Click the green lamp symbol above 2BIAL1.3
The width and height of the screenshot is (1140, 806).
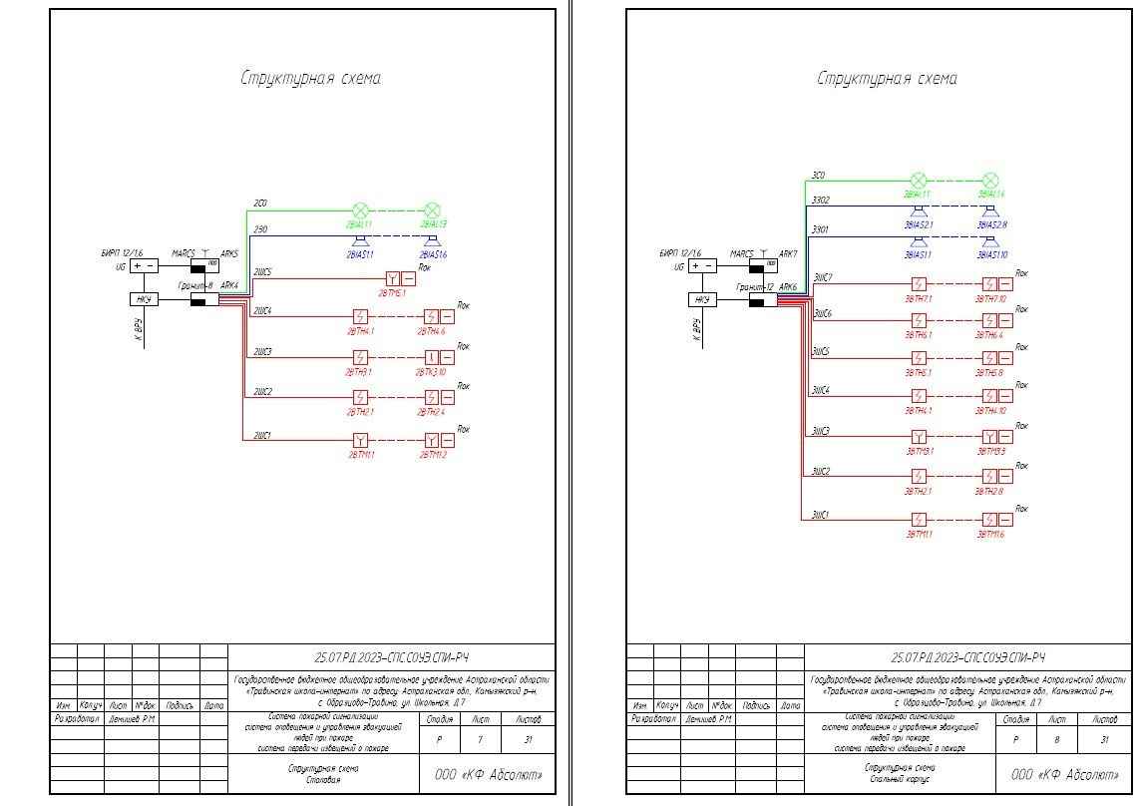pos(432,210)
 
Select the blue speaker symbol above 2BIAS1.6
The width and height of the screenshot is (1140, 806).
pos(432,241)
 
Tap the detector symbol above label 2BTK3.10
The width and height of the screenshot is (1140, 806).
pos(432,358)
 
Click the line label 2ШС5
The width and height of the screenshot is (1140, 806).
pos(262,271)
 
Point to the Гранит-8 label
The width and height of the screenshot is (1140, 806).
pos(196,286)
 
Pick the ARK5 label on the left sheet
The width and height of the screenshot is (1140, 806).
pos(229,253)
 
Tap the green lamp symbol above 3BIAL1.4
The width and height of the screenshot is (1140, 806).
pos(990,181)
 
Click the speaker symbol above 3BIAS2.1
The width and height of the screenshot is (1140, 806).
pos(919,211)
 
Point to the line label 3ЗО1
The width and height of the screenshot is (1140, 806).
pos(821,229)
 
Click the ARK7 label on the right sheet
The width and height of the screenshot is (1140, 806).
pos(788,253)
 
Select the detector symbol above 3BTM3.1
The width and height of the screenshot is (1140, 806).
pos(919,437)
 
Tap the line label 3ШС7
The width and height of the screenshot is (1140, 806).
pos(823,276)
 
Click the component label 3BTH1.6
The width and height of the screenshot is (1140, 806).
pos(990,535)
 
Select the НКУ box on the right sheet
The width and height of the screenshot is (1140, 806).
pos(702,299)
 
